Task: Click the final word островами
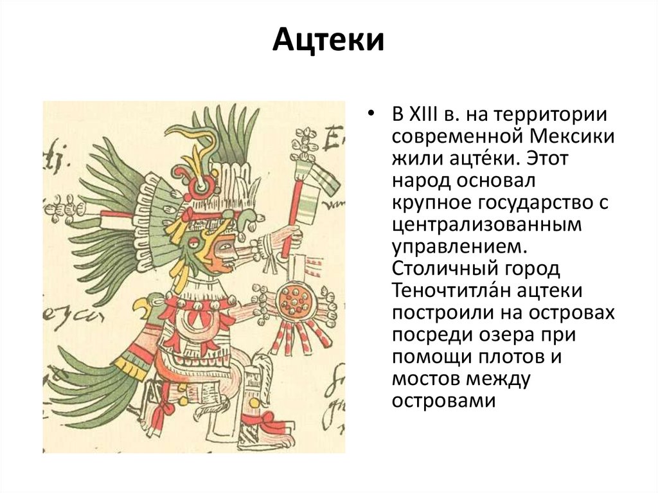[x=443, y=400]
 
